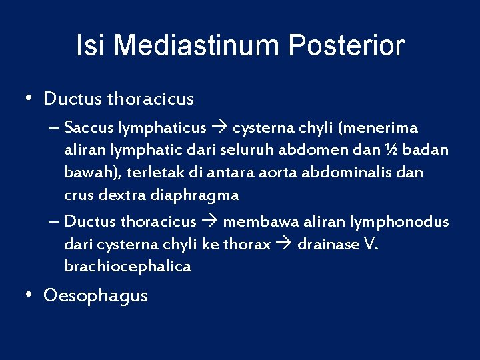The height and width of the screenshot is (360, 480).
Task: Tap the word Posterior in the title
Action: pos(347,46)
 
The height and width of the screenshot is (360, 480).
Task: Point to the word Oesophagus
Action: pos(96,295)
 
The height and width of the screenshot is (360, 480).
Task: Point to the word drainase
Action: pos(328,244)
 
